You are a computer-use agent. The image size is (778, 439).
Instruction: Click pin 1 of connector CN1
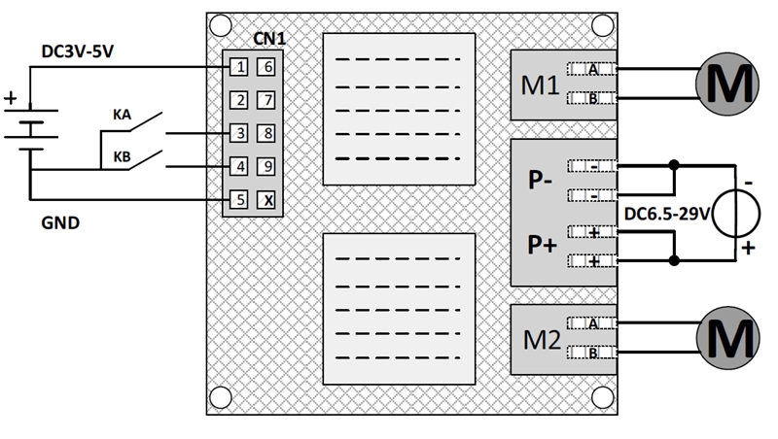(238, 67)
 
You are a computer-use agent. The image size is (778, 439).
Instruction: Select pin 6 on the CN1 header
(266, 67)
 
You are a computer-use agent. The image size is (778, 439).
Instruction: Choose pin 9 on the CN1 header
(266, 166)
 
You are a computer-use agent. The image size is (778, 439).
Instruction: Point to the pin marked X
(266, 199)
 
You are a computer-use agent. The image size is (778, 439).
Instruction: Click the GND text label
(60, 222)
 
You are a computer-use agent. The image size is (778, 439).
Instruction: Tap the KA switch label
(123, 115)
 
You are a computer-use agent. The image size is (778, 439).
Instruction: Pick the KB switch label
(123, 154)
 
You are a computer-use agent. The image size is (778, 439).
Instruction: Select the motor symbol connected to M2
(726, 338)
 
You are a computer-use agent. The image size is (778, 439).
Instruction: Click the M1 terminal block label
(540, 84)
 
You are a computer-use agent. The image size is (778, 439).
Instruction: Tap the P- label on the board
(542, 182)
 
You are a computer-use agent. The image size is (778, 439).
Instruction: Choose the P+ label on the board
(542, 246)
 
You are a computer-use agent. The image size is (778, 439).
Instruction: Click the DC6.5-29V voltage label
(665, 212)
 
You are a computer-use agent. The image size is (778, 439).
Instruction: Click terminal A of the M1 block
(592, 69)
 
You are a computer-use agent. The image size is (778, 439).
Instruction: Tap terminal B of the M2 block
(592, 353)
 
